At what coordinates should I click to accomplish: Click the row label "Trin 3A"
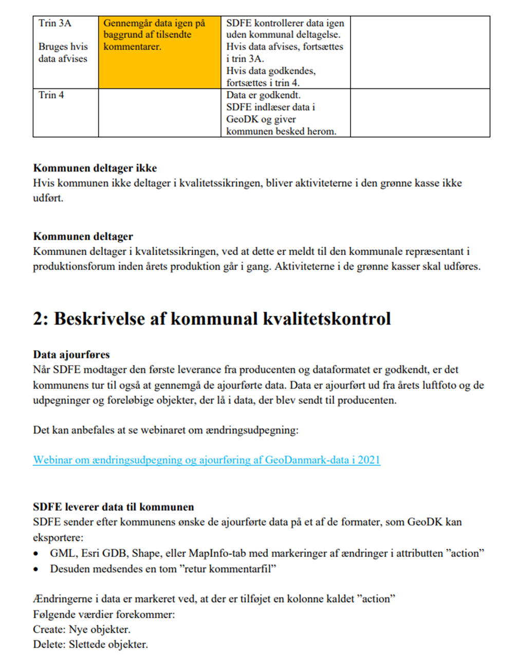pos(54,23)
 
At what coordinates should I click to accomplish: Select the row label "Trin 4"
pos(51,95)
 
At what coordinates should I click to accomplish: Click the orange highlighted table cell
pos(159,52)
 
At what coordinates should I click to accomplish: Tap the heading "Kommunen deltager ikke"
pos(95,168)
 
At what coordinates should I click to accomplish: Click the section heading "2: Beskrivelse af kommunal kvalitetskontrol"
pos(212,319)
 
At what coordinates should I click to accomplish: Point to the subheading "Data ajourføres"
pos(71,354)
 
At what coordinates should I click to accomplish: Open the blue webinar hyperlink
pos(207,460)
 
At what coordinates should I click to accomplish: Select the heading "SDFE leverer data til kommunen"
pos(114,507)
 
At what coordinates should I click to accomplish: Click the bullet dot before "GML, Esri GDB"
pos(36,554)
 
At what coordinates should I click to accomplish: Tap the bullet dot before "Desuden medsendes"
pos(36,569)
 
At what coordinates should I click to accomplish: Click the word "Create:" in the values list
pos(50,630)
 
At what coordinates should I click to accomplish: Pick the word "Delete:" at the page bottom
pos(50,644)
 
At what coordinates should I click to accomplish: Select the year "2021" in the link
pos(369,460)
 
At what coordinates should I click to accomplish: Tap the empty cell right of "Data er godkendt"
pos(420,113)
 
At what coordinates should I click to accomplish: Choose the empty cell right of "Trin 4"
pos(159,113)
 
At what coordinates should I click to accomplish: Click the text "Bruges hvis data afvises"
pos(63,52)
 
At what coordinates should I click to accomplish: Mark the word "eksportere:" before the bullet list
pos(58,538)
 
